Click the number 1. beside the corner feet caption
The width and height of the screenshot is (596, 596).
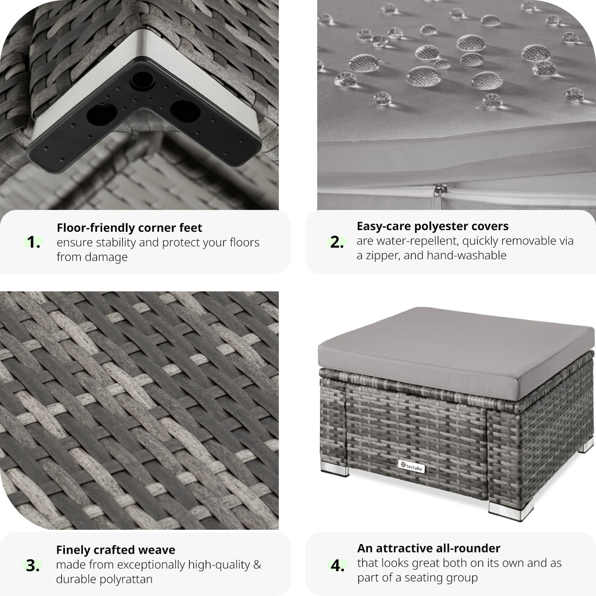click(33, 242)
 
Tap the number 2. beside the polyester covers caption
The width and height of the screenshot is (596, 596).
click(337, 242)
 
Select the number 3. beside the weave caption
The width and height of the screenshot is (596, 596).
click(33, 566)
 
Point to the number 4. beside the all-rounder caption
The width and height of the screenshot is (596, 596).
click(337, 565)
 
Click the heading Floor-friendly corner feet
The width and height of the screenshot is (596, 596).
click(129, 228)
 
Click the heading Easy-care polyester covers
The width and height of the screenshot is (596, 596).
click(433, 226)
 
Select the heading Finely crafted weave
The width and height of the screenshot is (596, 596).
click(116, 550)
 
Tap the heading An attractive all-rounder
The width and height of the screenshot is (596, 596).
click(429, 548)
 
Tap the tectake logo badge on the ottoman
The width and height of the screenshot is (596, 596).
click(411, 467)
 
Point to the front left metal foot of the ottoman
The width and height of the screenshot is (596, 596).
click(335, 470)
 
